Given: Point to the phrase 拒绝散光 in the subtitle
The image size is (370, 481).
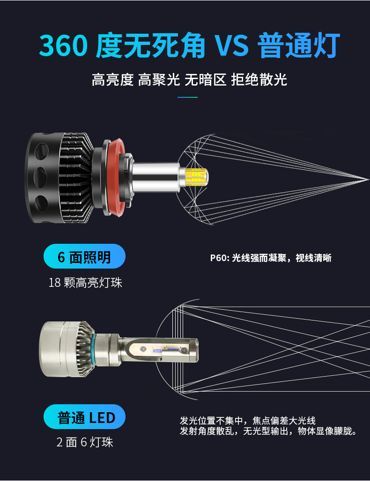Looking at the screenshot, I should (259, 80).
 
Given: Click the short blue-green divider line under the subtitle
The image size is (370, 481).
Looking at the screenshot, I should (188, 97).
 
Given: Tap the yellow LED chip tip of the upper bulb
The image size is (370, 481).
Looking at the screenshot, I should (199, 177).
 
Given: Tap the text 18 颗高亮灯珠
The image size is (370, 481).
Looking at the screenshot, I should (85, 283).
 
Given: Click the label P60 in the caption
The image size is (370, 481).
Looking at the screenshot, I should (218, 258).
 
